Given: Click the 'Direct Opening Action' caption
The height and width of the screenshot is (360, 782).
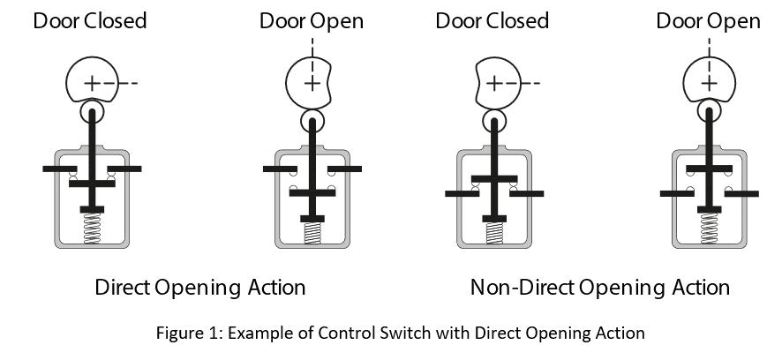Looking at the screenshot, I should click(x=200, y=288).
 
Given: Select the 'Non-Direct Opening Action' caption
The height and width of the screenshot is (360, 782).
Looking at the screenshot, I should click(x=599, y=288).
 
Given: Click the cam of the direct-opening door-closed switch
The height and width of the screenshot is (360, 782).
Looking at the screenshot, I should click(x=91, y=82).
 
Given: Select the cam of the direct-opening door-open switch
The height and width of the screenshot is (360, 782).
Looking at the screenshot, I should click(x=312, y=82).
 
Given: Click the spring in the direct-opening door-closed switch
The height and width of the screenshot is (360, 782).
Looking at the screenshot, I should click(x=92, y=229).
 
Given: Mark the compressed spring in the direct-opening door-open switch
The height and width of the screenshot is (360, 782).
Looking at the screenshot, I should click(x=312, y=233).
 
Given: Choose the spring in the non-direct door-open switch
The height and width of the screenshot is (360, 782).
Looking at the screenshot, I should click(x=710, y=228).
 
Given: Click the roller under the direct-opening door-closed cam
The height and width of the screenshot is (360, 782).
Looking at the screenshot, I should click(x=92, y=113).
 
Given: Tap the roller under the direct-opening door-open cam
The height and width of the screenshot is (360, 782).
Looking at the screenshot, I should click(x=312, y=119).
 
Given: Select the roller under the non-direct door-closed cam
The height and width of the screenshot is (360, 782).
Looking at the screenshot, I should click(x=494, y=119).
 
